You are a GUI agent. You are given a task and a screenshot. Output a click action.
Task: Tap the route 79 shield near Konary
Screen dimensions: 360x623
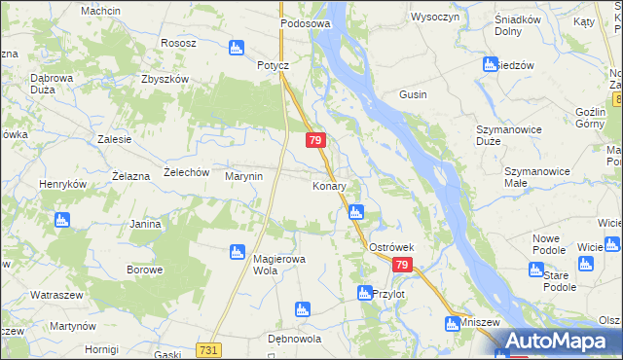314,141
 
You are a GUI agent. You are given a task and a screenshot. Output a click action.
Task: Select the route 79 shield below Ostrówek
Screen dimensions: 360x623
403,266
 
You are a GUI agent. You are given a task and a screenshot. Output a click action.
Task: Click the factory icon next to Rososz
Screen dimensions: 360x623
236,47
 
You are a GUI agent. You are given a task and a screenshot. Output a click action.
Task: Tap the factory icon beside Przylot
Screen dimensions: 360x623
364,293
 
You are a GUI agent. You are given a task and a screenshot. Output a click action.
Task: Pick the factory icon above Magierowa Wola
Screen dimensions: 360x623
236,252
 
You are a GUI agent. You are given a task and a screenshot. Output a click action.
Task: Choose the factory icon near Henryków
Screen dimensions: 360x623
62,220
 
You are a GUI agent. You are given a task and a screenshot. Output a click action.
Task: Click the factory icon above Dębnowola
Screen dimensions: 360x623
301,310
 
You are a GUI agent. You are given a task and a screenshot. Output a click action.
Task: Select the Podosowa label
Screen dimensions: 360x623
305,22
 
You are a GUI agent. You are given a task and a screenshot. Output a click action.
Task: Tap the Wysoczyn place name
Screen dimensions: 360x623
435,18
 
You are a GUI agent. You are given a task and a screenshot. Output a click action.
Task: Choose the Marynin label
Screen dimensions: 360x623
243,176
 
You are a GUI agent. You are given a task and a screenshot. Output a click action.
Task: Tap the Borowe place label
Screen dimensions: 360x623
144,269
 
